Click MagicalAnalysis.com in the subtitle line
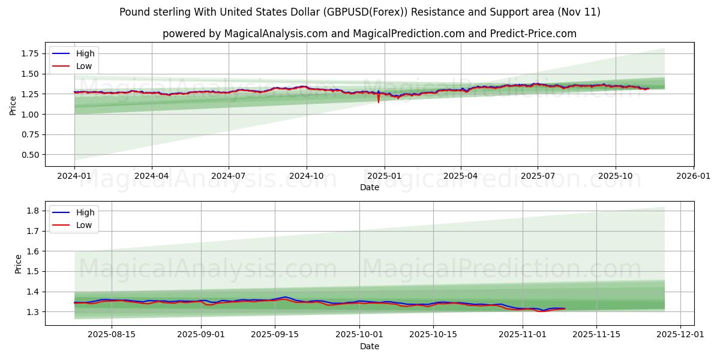275,34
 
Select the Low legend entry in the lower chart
84,225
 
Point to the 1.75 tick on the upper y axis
29,53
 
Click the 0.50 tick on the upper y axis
29,155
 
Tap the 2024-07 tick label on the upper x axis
229,176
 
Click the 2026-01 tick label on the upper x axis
693,176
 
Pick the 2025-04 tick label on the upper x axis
461,176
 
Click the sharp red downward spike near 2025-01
379,101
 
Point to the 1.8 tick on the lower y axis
33,211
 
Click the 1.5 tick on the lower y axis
33,271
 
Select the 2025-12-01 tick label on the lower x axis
680,335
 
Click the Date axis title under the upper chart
369,187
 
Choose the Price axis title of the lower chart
19,264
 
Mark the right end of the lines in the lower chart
565,308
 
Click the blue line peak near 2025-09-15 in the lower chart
286,297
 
